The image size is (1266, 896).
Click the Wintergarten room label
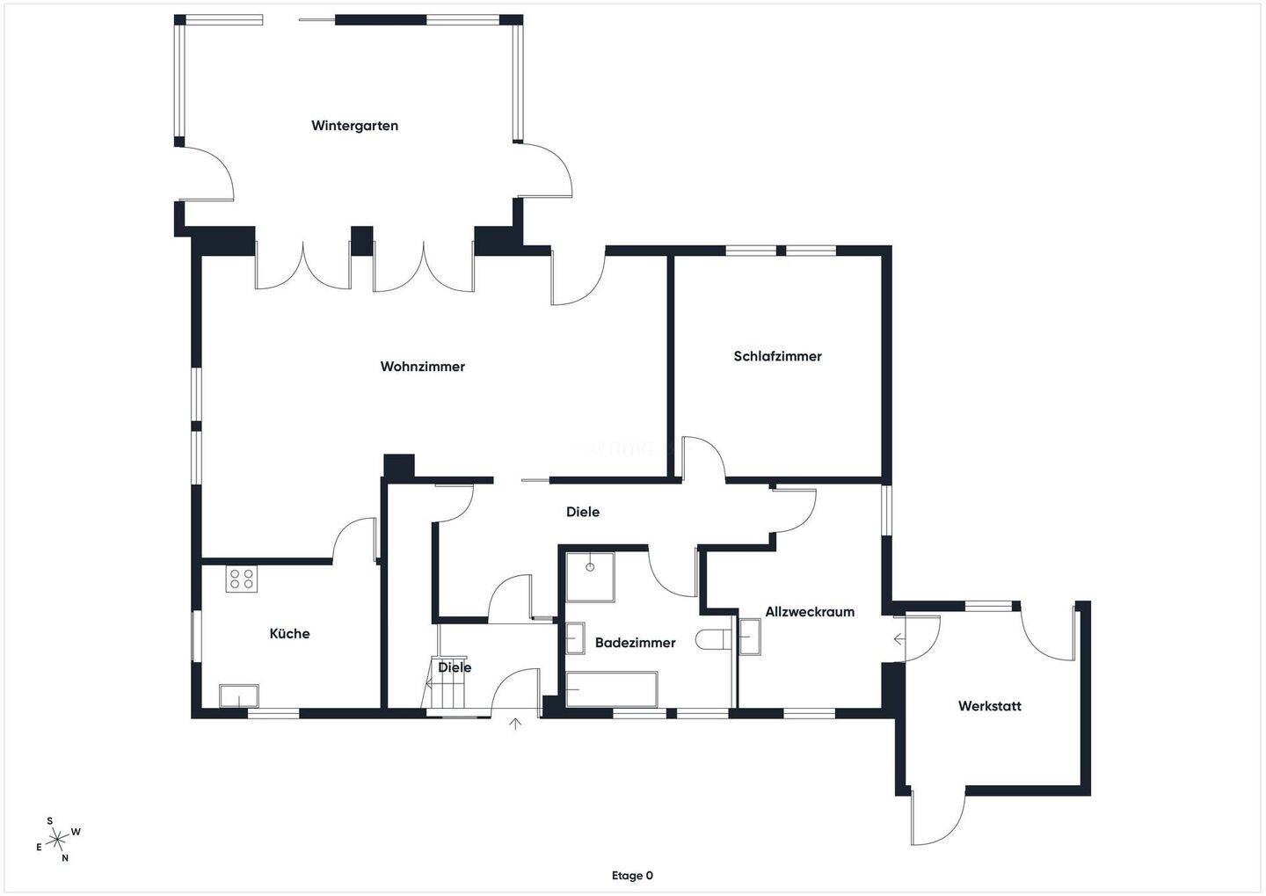(354, 126)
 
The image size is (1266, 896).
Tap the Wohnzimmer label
(422, 367)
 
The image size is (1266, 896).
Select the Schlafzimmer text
(777, 356)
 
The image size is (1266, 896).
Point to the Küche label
(289, 633)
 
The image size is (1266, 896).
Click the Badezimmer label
(635, 643)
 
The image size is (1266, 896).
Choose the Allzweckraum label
(809, 612)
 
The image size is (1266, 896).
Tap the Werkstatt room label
(989, 706)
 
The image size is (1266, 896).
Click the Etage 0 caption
(632, 876)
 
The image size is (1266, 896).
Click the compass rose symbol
(58, 840)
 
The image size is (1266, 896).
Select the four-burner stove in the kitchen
(240, 579)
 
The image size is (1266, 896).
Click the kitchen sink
(239, 696)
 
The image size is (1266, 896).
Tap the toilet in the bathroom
(713, 639)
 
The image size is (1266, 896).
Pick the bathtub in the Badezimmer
(611, 689)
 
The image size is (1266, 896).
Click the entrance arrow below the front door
(515, 724)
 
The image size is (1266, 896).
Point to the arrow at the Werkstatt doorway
(899, 639)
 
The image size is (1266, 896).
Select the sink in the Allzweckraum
(749, 637)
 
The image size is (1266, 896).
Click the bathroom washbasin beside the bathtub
(575, 638)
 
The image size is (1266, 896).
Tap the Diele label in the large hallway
(582, 512)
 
